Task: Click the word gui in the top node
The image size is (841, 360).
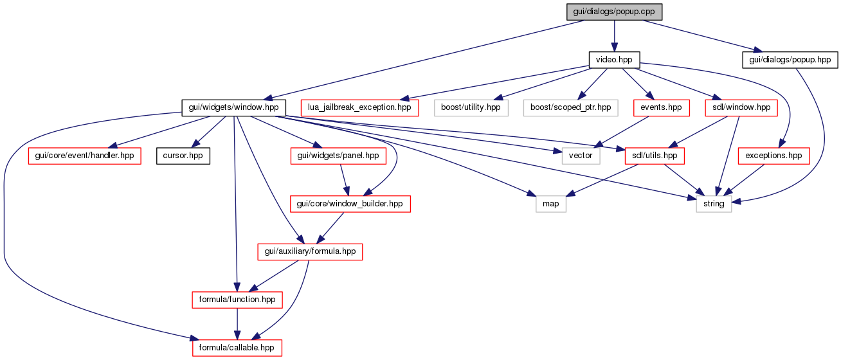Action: [578, 12]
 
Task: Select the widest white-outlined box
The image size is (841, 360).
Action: [570, 108]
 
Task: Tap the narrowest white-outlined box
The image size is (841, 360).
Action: [551, 204]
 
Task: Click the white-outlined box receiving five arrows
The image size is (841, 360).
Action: [714, 204]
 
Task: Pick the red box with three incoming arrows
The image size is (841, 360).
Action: [237, 348]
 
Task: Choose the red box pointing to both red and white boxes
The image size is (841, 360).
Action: [741, 108]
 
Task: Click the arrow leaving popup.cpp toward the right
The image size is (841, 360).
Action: [701, 35]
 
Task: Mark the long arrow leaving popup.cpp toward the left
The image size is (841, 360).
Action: [424, 60]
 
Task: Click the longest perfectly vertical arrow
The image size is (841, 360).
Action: [235, 206]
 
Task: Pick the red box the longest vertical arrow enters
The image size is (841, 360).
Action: [237, 300]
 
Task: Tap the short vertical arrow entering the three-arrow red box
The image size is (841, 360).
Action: [237, 323]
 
